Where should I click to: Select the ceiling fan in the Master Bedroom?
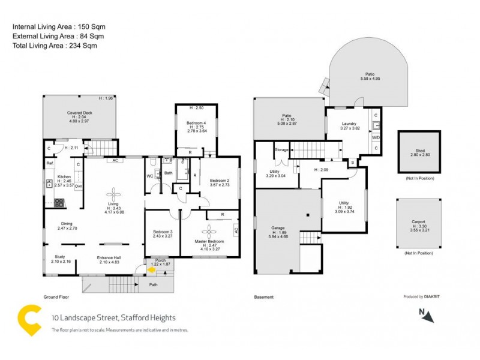(x=210, y=230)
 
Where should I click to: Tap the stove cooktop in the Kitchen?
(x=59, y=202)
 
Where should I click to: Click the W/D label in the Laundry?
(x=376, y=137)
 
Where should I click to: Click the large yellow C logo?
(x=28, y=320)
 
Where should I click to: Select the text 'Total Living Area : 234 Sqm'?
(x=55, y=46)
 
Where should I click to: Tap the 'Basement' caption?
(x=264, y=297)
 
